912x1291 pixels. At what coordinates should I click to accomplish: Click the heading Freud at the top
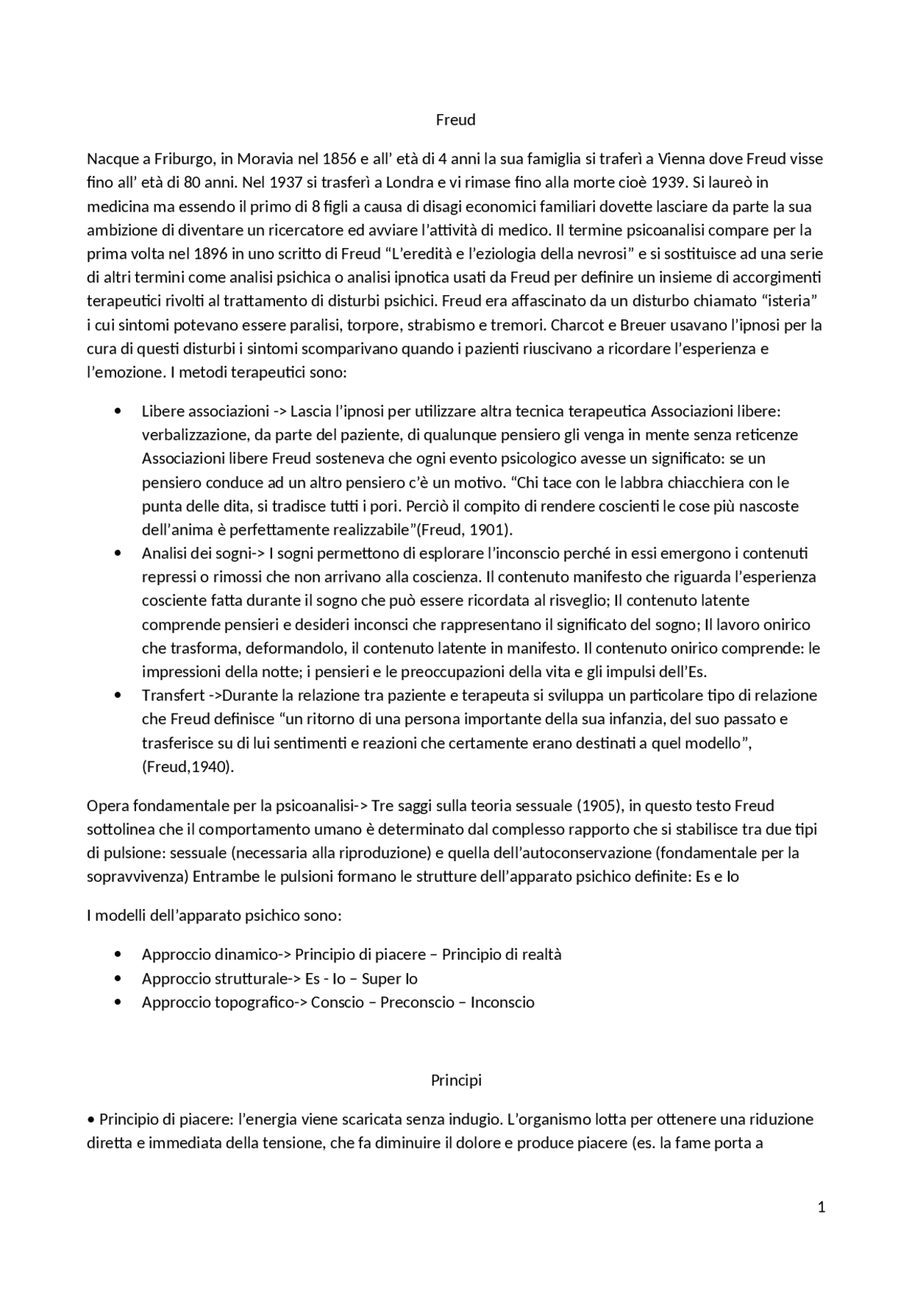click(455, 120)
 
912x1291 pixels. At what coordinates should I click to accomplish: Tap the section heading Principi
click(456, 1080)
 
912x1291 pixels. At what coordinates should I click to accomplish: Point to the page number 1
click(822, 1207)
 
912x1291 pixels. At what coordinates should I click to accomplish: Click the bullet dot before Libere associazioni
click(118, 411)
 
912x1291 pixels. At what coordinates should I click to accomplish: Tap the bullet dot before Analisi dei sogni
click(118, 553)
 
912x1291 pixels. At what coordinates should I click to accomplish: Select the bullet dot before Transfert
click(118, 695)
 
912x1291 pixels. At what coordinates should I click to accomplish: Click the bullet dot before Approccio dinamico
click(118, 955)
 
